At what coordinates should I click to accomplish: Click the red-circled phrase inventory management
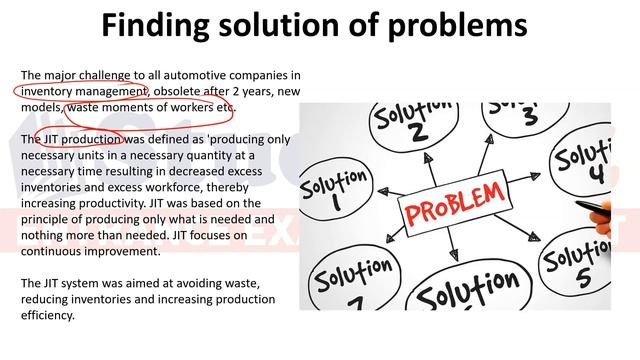[83, 91]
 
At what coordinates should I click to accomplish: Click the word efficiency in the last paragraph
[49, 315]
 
